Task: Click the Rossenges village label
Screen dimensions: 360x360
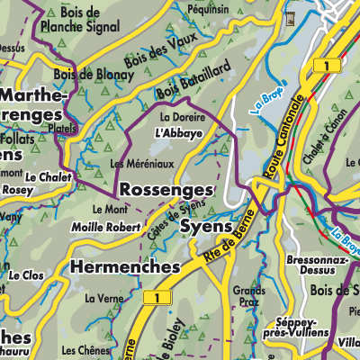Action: click(166, 190)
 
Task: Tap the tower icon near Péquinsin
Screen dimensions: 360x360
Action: click(289, 18)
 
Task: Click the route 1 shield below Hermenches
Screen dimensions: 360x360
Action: click(158, 297)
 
